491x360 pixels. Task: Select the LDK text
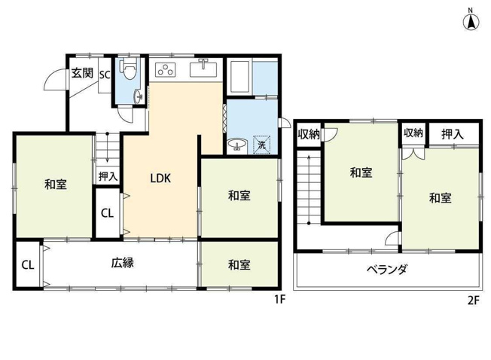[160, 178]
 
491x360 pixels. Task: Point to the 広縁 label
[122, 264]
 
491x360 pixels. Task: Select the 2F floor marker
[473, 299]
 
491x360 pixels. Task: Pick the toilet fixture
[131, 71]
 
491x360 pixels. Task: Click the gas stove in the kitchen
[165, 71]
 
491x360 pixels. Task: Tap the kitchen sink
[203, 71]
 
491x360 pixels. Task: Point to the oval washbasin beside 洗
[237, 144]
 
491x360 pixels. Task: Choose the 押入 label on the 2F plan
[452, 134]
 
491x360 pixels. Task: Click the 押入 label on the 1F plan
[108, 177]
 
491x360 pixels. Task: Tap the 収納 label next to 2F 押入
[412, 133]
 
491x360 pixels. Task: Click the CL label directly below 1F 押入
[108, 212]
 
